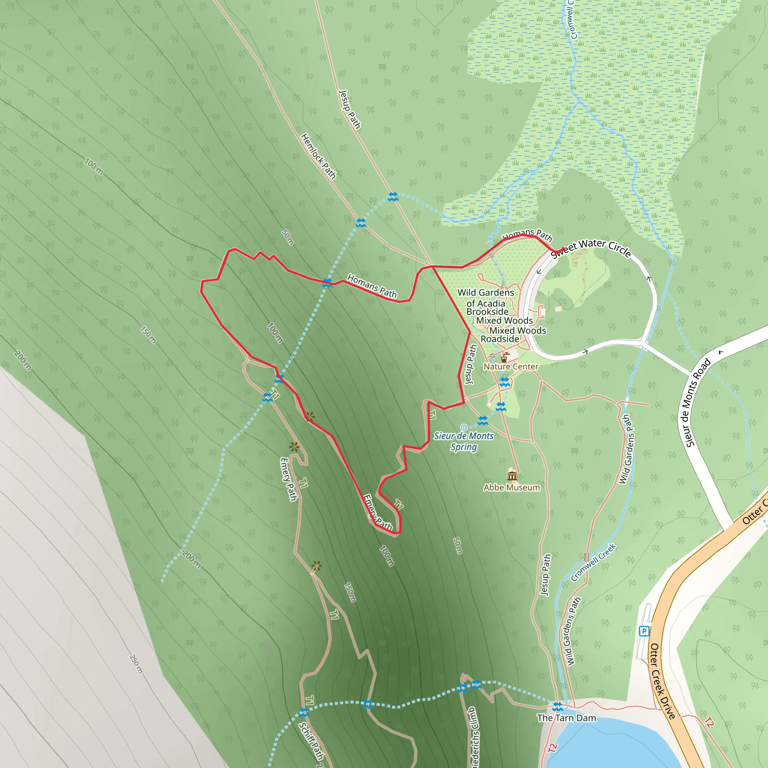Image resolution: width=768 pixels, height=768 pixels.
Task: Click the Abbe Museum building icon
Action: coord(512,475)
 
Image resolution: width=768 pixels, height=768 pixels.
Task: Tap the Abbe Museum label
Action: coord(511,487)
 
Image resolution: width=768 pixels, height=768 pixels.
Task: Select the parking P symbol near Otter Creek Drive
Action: coord(644,631)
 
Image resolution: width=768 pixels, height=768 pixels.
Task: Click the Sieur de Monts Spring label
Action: coord(463,441)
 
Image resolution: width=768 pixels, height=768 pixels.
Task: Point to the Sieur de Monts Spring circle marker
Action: coord(463,427)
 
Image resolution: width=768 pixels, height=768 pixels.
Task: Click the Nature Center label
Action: coord(511,366)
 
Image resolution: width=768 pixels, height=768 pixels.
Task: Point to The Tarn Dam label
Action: coord(567,718)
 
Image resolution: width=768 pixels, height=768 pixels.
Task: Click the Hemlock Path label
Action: coord(318,156)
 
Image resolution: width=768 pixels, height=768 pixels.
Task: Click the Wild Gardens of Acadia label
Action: coord(486,298)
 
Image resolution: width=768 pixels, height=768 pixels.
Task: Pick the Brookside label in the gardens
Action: coord(487,312)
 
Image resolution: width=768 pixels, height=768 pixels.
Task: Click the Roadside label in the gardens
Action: coord(499,339)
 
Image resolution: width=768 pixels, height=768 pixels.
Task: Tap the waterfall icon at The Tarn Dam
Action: coord(558,707)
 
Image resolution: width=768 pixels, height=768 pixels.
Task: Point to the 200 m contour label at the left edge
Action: coord(22,360)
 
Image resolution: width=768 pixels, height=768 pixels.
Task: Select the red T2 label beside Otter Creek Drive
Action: coord(709,722)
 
